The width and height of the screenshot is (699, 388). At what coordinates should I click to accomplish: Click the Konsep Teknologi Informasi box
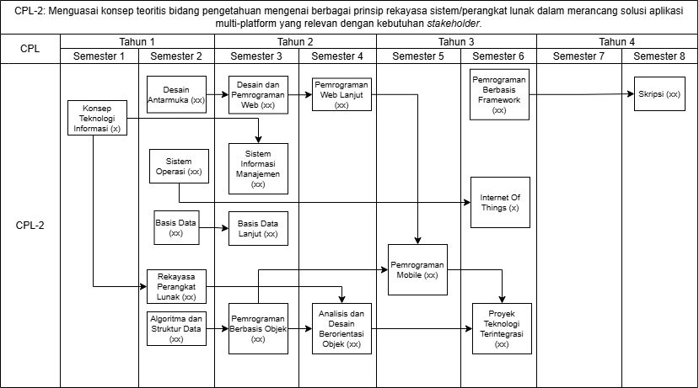97,118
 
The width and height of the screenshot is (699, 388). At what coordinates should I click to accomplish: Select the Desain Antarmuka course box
176,94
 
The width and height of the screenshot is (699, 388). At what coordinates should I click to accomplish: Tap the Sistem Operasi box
179,166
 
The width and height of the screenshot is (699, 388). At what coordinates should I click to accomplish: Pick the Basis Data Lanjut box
258,228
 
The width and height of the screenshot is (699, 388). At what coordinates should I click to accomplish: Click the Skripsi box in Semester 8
659,94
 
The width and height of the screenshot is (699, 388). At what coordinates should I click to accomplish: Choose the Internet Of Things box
500,203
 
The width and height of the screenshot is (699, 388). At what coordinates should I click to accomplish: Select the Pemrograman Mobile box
417,269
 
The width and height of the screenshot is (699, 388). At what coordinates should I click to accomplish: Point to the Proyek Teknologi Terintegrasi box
502,329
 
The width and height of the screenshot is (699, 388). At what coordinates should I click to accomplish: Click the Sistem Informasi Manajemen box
258,168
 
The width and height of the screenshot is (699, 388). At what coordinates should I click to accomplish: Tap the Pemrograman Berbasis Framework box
499,94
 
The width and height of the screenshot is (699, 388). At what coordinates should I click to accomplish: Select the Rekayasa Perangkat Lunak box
176,286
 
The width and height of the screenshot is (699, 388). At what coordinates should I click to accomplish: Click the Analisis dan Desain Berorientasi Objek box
341,329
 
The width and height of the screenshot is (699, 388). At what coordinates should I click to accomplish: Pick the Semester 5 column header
418,56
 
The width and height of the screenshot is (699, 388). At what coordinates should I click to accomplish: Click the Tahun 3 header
456,42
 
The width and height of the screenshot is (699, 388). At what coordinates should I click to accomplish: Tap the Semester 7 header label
578,56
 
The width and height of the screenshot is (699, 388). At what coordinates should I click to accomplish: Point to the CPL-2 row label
30,226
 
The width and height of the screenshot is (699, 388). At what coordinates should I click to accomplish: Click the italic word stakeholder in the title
453,24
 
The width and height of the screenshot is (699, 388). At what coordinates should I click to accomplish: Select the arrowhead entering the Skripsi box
631,94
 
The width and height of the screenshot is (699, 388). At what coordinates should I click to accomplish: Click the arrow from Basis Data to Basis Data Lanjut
214,228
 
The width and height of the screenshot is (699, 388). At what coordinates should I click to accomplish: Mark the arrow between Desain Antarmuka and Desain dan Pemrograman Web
218,94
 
